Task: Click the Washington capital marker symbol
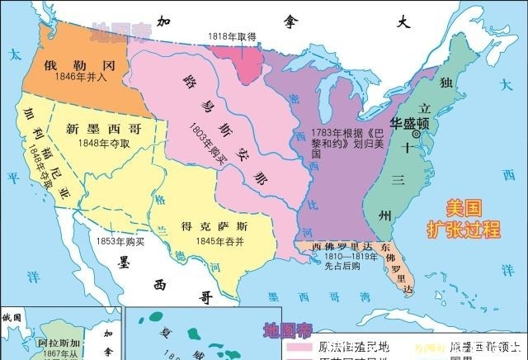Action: tap(417, 134)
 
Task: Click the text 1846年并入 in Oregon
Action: tap(76, 78)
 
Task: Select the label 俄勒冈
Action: tap(76, 64)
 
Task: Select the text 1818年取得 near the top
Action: tap(232, 36)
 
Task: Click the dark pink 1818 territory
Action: tap(248, 60)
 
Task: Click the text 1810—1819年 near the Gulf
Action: tap(339, 256)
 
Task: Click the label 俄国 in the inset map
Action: tap(12, 317)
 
